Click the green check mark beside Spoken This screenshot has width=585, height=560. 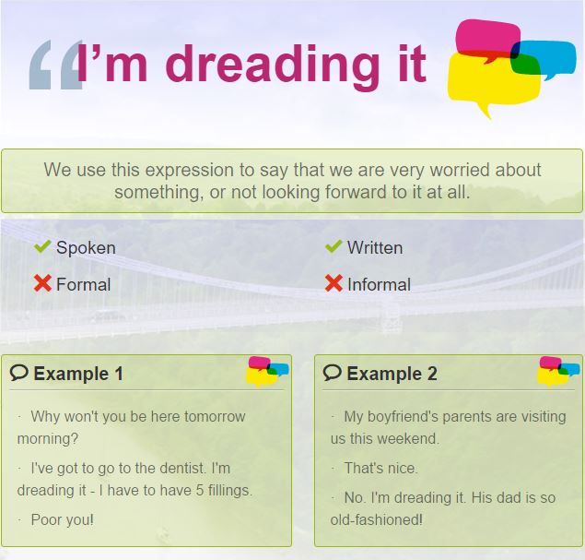click(x=42, y=246)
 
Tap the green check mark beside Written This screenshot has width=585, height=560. click(x=333, y=246)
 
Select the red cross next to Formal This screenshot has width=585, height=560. click(x=42, y=283)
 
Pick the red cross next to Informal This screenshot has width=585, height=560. click(x=333, y=283)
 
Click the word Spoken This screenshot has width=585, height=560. click(x=86, y=248)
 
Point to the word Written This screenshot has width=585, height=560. click(x=375, y=247)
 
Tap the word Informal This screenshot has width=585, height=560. click(x=379, y=285)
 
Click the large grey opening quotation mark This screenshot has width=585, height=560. click(x=55, y=65)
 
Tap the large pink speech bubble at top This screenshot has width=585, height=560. click(x=486, y=38)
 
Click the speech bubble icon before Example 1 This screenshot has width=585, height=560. click(x=19, y=373)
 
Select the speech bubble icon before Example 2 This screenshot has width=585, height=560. click(x=332, y=373)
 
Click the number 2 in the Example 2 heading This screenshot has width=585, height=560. click(x=432, y=374)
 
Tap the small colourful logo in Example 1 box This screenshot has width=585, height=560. click(x=267, y=371)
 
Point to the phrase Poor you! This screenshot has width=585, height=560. click(x=63, y=519)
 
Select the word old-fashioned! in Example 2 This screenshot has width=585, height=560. click(x=377, y=519)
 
